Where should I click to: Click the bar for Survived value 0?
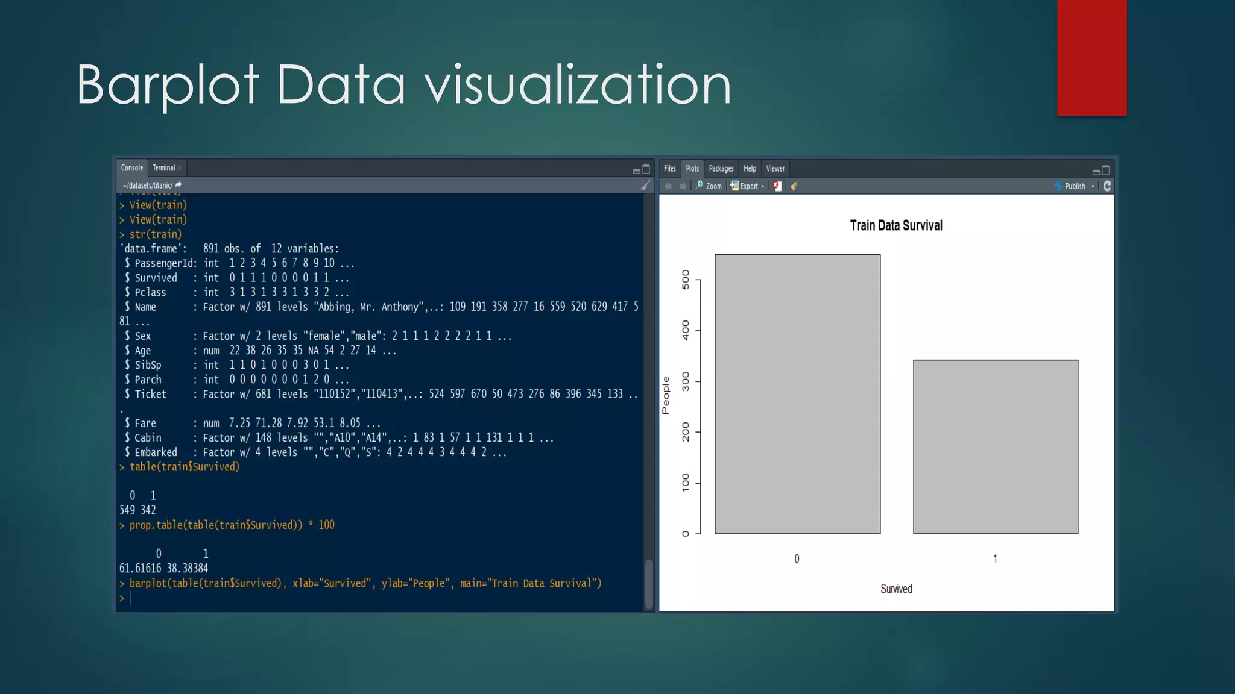click(797, 394)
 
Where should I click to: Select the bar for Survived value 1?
click(995, 446)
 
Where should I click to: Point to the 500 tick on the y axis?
click(686, 280)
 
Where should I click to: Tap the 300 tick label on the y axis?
click(686, 381)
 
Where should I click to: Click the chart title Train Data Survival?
click(896, 226)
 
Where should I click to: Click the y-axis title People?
click(666, 395)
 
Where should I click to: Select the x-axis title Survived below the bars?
click(896, 589)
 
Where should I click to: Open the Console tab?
click(131, 168)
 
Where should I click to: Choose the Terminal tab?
click(164, 168)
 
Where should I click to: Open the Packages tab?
click(721, 169)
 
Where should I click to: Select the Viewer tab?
click(775, 169)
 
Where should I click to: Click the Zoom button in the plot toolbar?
click(709, 186)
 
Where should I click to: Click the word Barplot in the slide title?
click(168, 86)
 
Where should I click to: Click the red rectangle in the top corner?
click(1091, 57)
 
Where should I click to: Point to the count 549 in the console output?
click(127, 510)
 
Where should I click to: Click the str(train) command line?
click(155, 234)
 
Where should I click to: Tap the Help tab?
click(750, 169)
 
